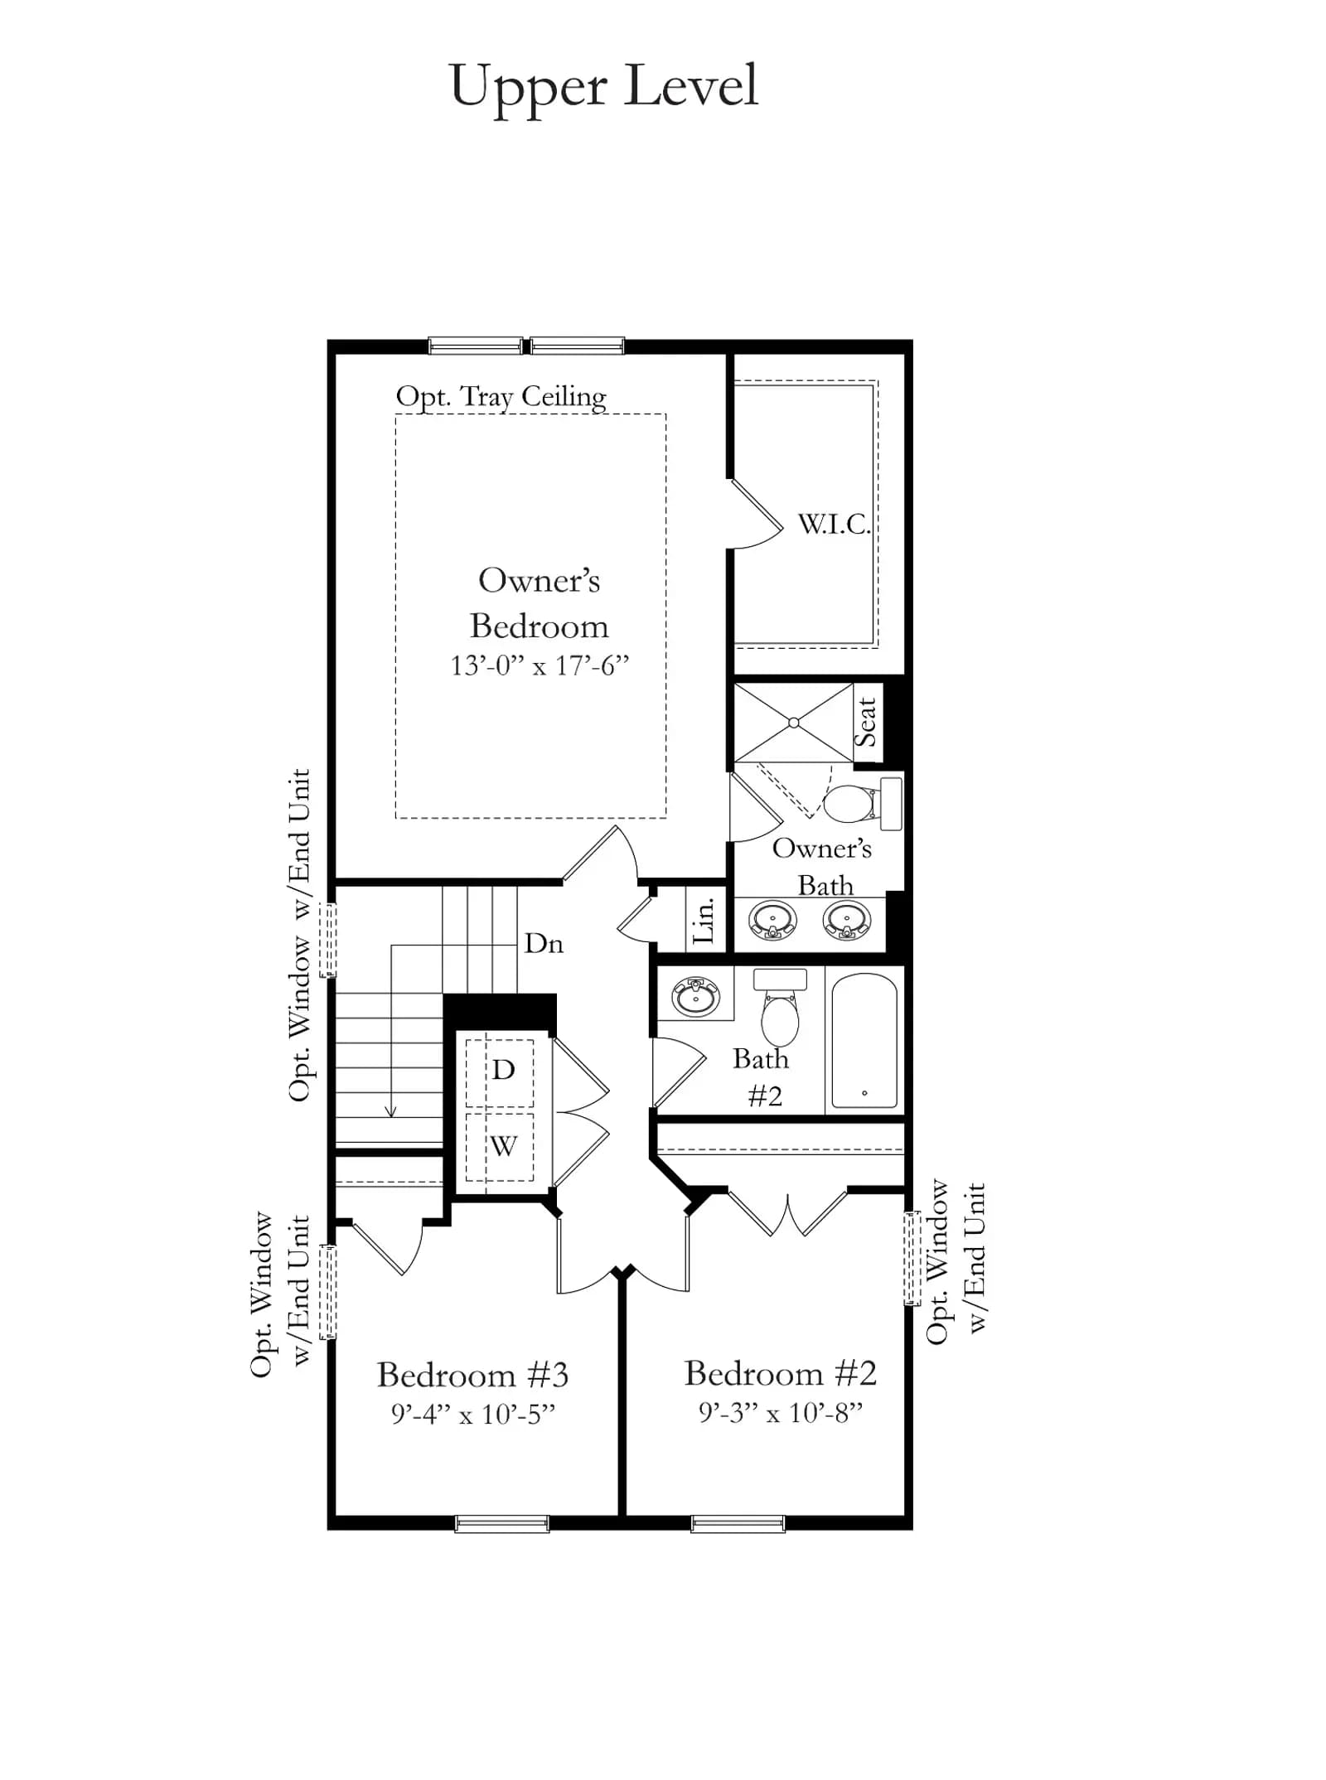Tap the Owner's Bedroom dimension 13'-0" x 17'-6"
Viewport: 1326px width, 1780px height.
click(540, 665)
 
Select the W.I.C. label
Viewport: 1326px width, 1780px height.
click(834, 524)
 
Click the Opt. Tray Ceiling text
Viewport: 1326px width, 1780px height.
click(501, 397)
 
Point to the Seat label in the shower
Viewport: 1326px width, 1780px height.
click(866, 722)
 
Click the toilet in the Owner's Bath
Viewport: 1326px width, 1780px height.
click(863, 803)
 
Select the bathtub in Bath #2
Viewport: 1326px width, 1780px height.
click(864, 1041)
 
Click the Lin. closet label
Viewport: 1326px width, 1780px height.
click(703, 919)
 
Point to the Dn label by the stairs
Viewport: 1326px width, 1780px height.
click(544, 944)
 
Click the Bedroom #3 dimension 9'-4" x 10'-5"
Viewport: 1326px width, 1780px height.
click(473, 1415)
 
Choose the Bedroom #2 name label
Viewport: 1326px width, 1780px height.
click(780, 1374)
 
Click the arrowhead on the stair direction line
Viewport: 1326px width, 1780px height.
click(391, 1110)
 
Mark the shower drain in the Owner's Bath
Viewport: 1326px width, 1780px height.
click(794, 723)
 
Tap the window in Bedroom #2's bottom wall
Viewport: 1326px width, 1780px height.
click(738, 1523)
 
